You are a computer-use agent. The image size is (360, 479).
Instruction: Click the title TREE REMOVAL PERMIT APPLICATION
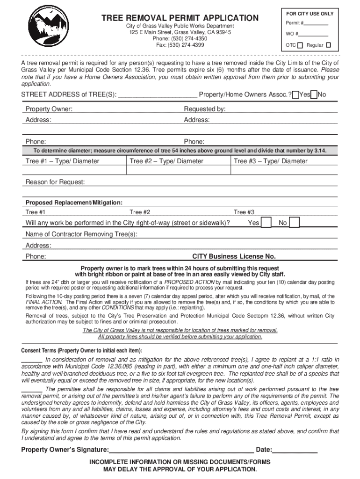180,18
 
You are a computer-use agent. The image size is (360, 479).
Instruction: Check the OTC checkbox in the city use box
300,45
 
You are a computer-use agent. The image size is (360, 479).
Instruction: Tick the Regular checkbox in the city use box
328,45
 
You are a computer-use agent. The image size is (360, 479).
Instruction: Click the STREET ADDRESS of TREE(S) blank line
158,95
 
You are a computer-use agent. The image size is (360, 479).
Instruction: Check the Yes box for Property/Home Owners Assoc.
295,95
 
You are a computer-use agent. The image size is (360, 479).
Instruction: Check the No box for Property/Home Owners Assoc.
314,95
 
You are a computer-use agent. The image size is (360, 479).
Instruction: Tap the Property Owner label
49,109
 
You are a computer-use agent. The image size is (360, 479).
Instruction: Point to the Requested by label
204,109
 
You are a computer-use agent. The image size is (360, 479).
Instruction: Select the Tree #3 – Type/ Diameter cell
283,166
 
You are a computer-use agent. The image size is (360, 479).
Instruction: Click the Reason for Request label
55,182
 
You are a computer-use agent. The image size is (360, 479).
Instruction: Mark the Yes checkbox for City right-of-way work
266,223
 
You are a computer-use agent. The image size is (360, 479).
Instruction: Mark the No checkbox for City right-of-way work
294,223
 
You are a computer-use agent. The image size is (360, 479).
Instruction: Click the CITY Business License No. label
234,256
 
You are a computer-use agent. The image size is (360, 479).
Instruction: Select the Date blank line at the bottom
295,450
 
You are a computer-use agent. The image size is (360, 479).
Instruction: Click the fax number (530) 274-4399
180,45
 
